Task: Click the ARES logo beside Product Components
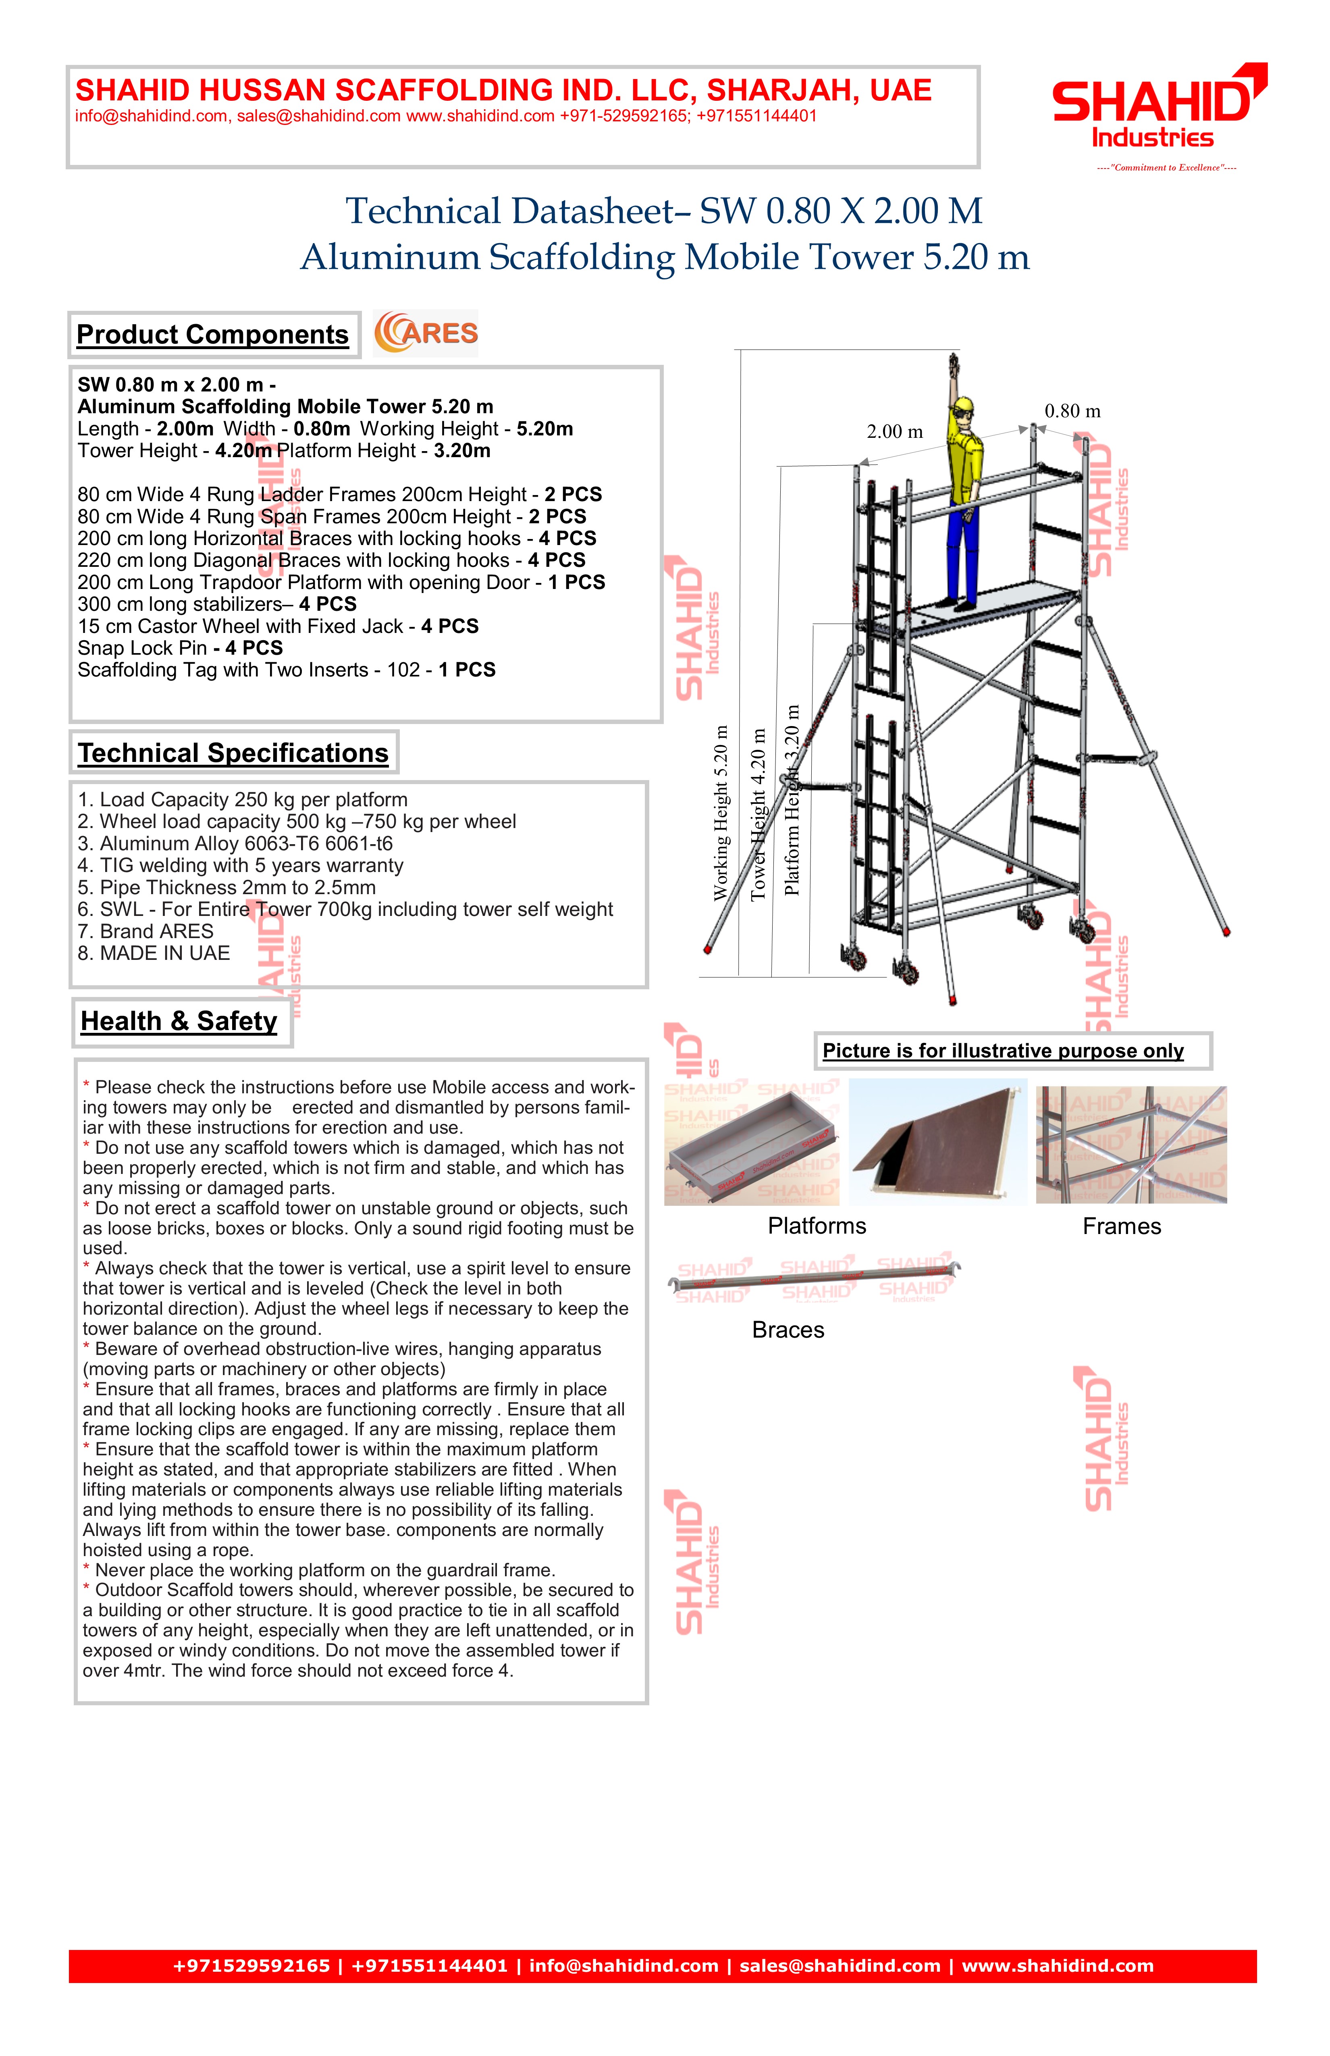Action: click(x=426, y=333)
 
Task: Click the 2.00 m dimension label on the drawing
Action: click(x=895, y=432)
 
